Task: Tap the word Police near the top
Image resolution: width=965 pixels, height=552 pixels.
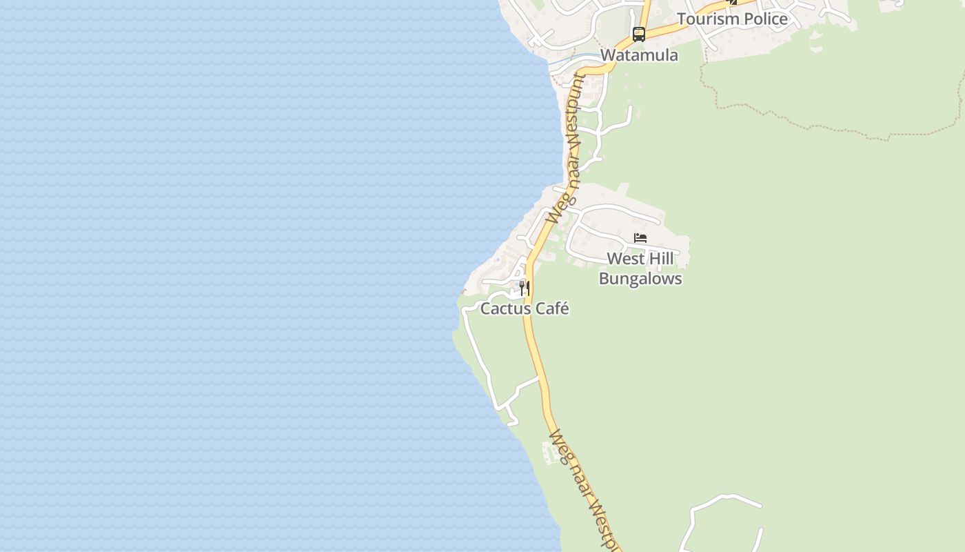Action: point(763,19)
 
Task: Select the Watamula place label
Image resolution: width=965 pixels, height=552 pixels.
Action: point(639,55)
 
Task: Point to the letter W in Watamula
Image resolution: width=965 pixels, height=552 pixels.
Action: point(608,55)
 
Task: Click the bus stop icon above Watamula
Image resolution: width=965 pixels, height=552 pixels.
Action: point(639,34)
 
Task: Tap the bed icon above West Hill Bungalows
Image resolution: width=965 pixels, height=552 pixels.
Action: point(640,239)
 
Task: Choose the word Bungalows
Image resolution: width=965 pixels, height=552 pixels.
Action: point(640,279)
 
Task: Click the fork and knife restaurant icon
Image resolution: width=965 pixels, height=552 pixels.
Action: point(525,288)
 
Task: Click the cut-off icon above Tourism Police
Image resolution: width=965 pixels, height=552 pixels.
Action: point(732,2)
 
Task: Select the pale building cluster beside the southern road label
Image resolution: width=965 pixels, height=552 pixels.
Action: point(551,453)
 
